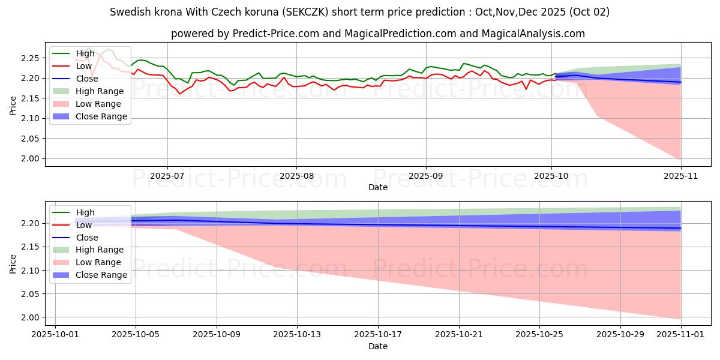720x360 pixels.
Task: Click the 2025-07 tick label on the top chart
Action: click(167, 175)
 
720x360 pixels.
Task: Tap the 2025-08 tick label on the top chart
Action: click(296, 175)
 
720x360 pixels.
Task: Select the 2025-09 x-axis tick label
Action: click(426, 175)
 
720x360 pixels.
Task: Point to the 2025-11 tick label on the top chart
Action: click(681, 175)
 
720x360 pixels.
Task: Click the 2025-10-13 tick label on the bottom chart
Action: click(297, 334)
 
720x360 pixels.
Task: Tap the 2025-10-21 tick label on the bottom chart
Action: click(459, 334)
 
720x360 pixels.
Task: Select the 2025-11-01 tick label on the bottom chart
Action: click(681, 334)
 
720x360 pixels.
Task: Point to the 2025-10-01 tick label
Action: click(55, 334)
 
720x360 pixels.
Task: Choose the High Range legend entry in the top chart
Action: click(100, 92)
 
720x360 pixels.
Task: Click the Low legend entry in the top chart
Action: click(85, 67)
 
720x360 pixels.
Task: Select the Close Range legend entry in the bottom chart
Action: click(101, 275)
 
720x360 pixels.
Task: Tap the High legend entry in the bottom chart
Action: click(85, 212)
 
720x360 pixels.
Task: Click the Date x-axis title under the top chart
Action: click(378, 187)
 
